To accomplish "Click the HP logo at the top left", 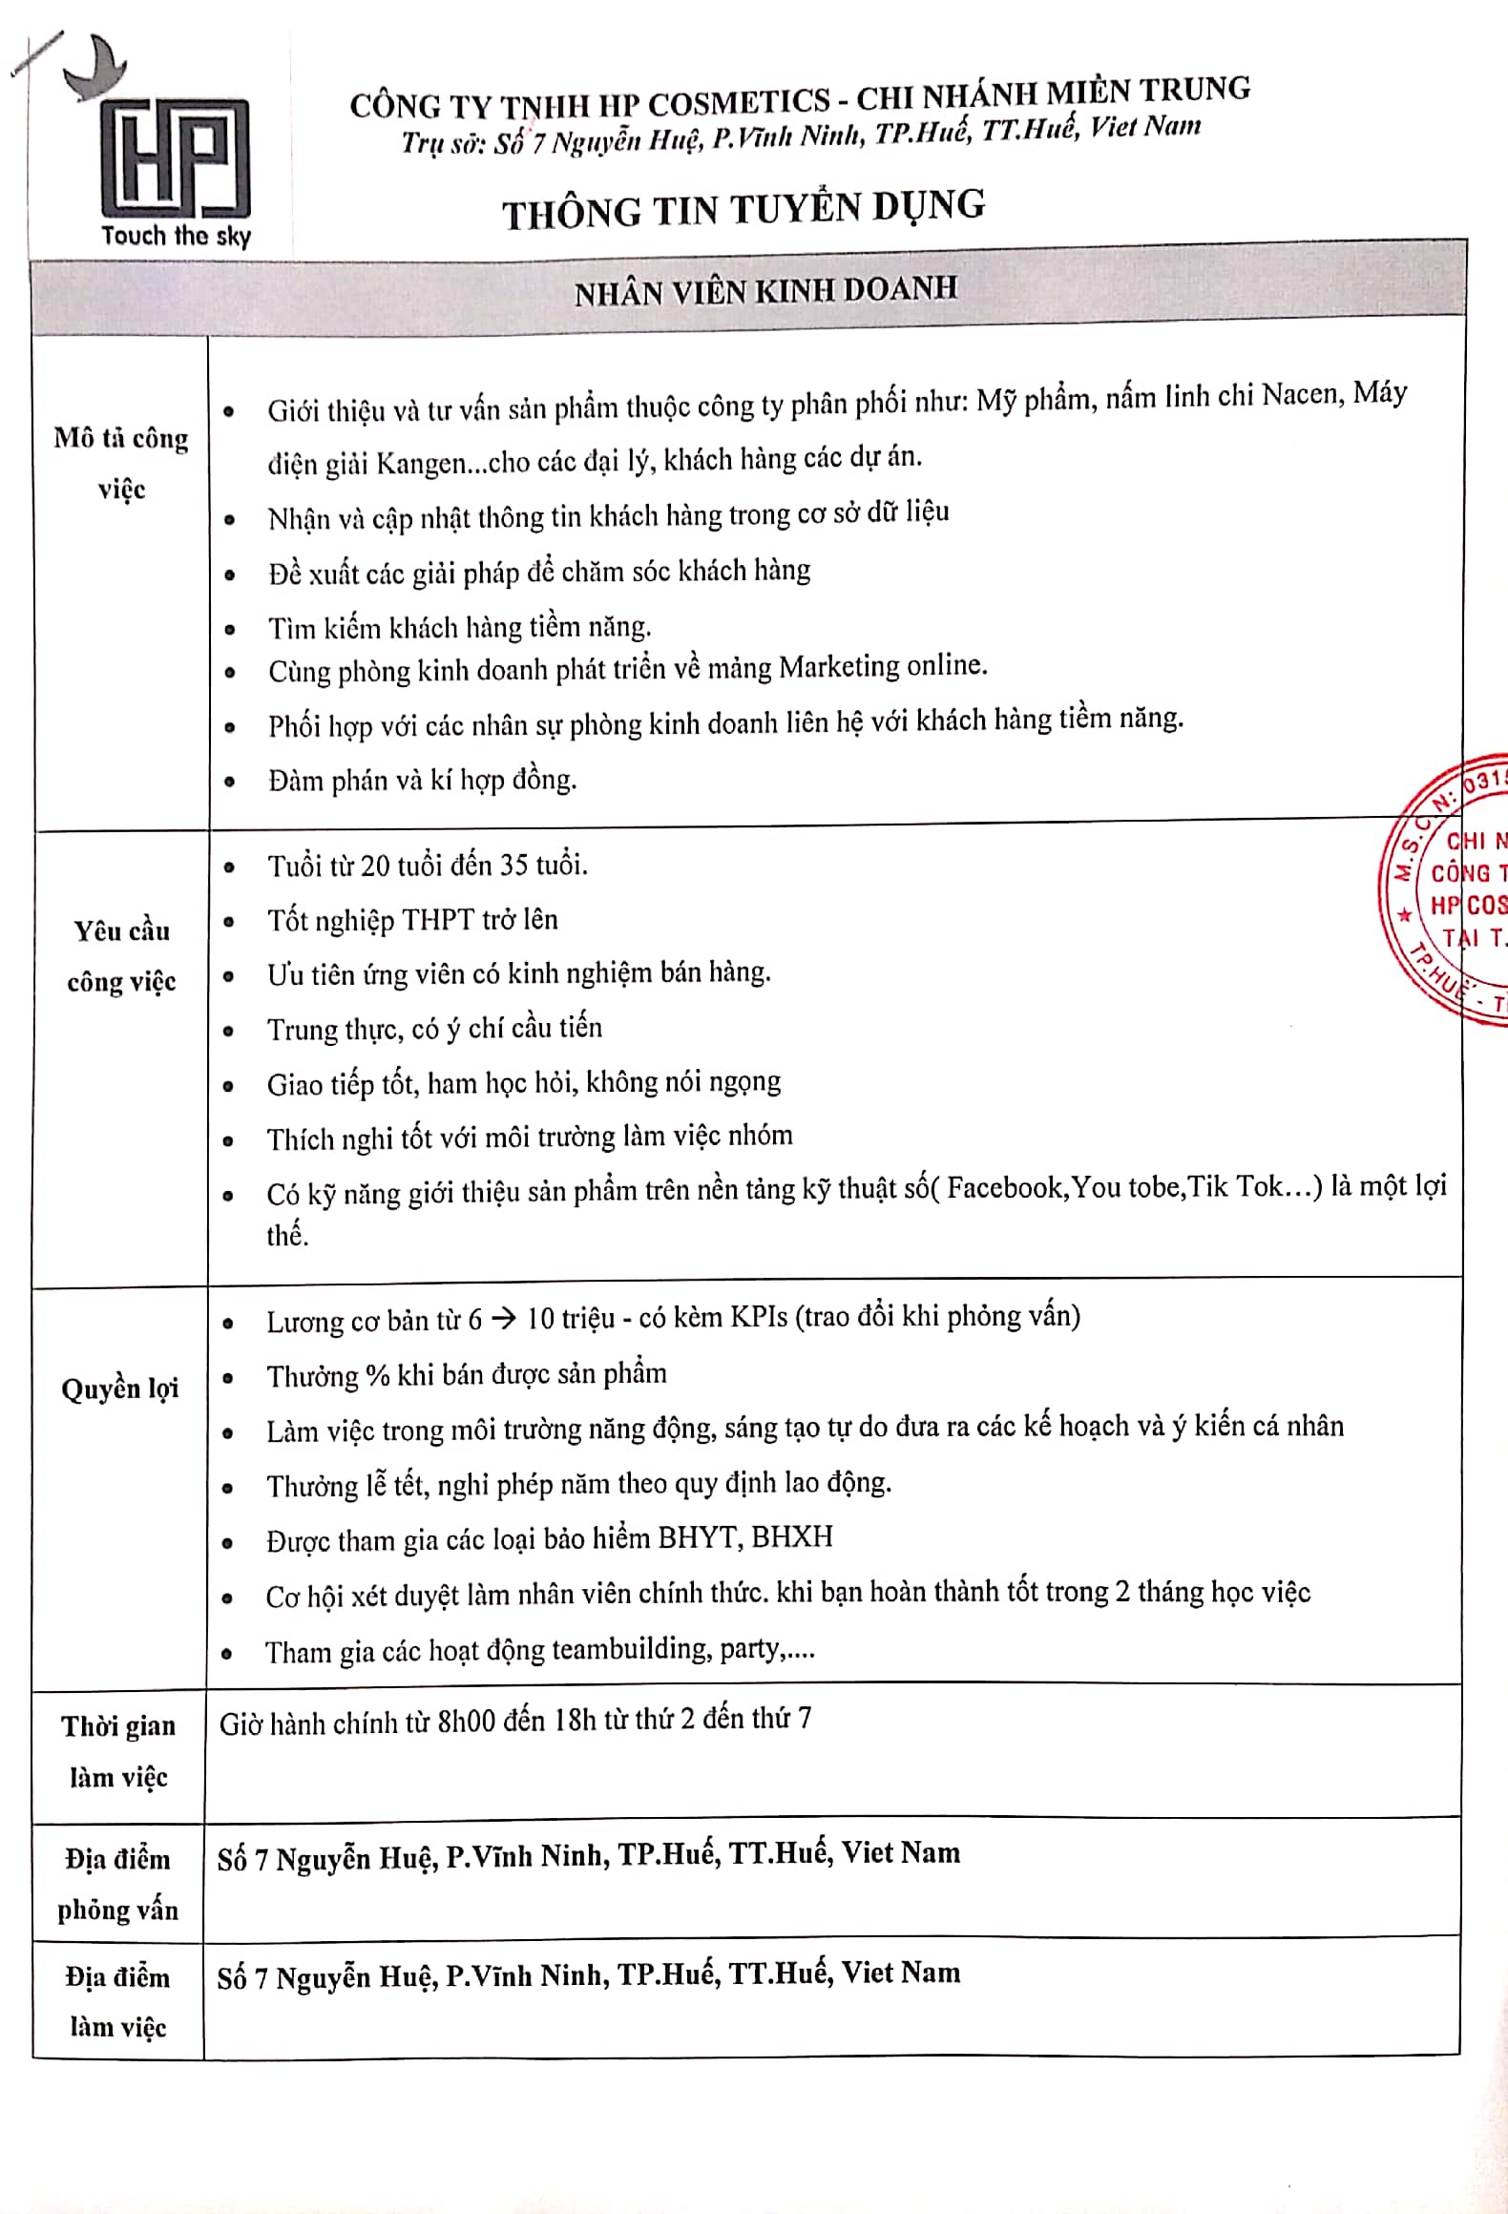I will point(175,153).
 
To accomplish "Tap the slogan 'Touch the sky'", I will point(177,236).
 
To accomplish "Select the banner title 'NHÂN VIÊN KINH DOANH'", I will point(765,290).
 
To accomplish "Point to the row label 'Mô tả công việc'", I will point(121,464).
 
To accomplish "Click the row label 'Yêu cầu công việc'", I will point(121,955).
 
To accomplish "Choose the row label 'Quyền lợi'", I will point(120,1389).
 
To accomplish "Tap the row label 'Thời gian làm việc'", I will point(118,1751).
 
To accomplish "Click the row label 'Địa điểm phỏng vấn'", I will point(117,1884).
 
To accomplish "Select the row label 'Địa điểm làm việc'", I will point(117,2001).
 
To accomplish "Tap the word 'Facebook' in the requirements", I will point(1006,1188).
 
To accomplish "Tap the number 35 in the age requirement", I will point(514,866).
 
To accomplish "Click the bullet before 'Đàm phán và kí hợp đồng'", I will point(230,783).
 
